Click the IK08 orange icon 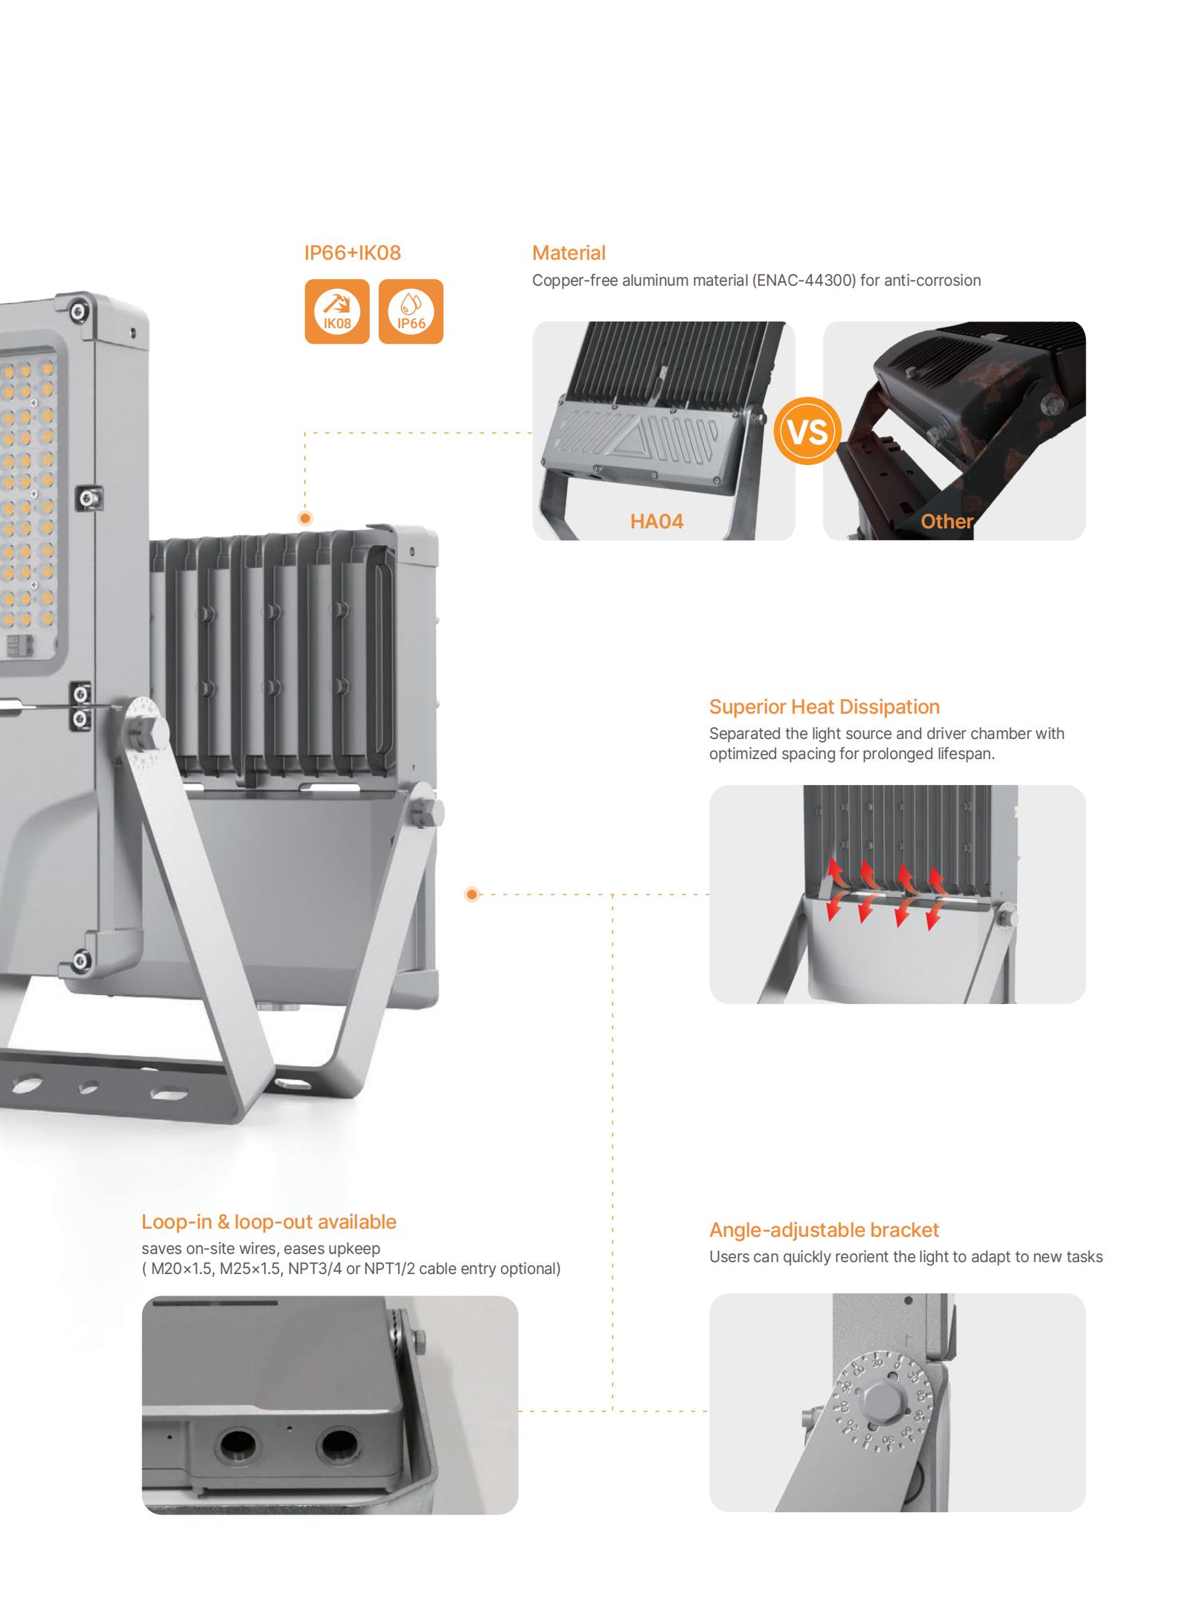click(x=337, y=311)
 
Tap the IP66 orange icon click(x=411, y=311)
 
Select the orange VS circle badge click(x=807, y=432)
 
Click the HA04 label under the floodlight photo click(x=656, y=521)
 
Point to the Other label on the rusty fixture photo click(x=947, y=521)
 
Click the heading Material click(x=569, y=253)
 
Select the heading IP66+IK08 click(x=353, y=253)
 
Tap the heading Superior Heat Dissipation click(x=825, y=707)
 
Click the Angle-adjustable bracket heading click(x=824, y=1230)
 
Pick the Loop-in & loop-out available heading click(x=269, y=1222)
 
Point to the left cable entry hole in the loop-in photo click(x=238, y=1446)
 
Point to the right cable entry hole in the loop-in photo click(x=339, y=1444)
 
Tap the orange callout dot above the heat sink click(x=305, y=519)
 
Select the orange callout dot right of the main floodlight click(x=472, y=894)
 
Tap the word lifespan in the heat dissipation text click(x=964, y=754)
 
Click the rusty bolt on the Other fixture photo click(x=1054, y=403)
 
